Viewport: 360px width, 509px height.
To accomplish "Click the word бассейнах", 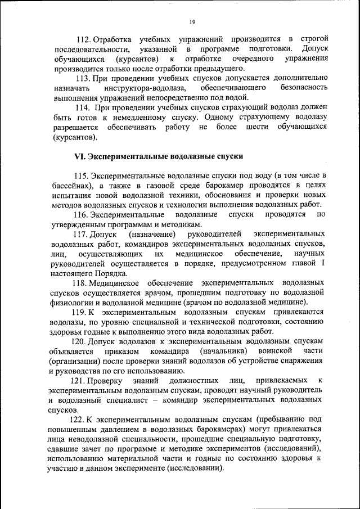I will click(x=70, y=185).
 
